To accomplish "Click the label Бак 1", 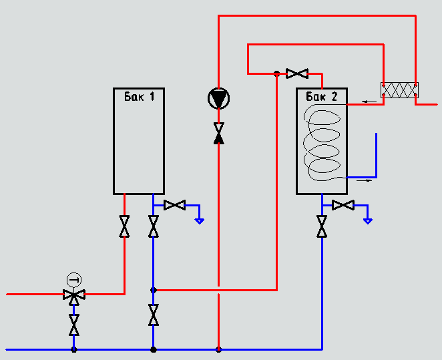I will pyautogui.click(x=139, y=96).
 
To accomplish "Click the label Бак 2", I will pyautogui.click(x=322, y=97).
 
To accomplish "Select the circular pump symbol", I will pyautogui.click(x=218, y=100).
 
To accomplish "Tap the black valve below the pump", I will pyautogui.click(x=218, y=134).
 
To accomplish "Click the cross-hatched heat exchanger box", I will pyautogui.click(x=399, y=91).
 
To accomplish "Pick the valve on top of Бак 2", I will pyautogui.click(x=297, y=73).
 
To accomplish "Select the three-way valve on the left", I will pyautogui.click(x=73, y=294).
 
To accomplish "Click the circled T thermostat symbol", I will pyautogui.click(x=73, y=279).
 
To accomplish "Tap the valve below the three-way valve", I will pyautogui.click(x=73, y=325).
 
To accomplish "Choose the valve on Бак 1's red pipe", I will pyautogui.click(x=124, y=226).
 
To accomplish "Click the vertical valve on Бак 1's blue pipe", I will pyautogui.click(x=154, y=226).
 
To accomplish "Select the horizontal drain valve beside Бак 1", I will pyautogui.click(x=174, y=205).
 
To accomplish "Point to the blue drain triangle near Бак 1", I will pyautogui.click(x=199, y=220).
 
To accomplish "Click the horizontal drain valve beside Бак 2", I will pyautogui.click(x=343, y=205).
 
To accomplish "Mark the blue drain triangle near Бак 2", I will pyautogui.click(x=367, y=220).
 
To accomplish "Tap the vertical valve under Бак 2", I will pyautogui.click(x=322, y=226).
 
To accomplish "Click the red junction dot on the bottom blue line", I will pyautogui.click(x=218, y=349).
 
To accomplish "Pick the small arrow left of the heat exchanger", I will pyautogui.click(x=365, y=102).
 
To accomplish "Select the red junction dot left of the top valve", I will pyautogui.click(x=276, y=73).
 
